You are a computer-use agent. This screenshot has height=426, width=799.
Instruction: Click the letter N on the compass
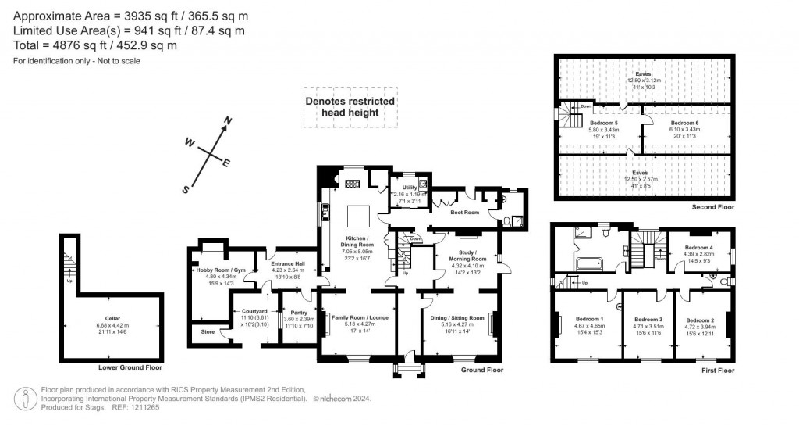(228, 120)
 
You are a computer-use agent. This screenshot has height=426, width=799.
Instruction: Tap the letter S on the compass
(186, 188)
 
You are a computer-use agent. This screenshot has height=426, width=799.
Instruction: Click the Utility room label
(410, 187)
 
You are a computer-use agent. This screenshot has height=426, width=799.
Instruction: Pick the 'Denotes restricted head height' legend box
(350, 107)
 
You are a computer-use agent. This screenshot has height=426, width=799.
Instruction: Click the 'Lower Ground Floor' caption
(130, 367)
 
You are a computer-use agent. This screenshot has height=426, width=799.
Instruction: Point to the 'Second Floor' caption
(712, 208)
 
